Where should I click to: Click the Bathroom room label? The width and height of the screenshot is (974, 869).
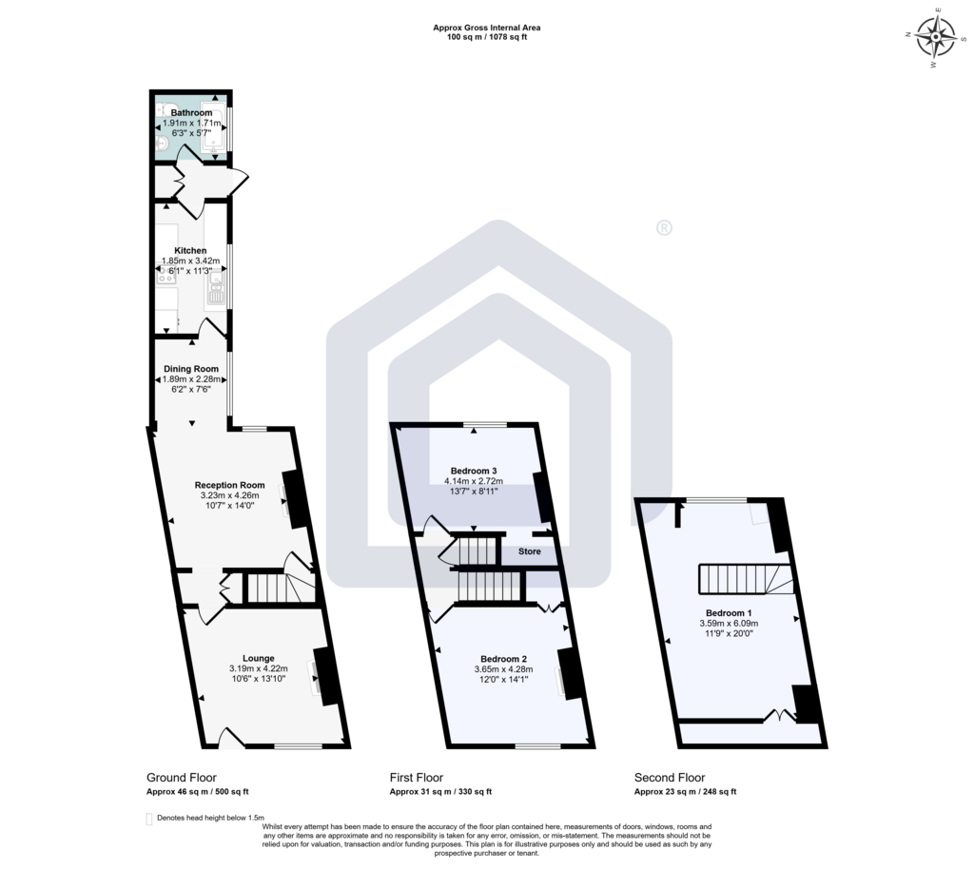tap(191, 113)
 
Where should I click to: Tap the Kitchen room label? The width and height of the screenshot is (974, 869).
tap(190, 251)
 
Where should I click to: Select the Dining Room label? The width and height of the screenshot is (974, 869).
tap(190, 369)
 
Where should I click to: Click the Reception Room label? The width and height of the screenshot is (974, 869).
tap(230, 486)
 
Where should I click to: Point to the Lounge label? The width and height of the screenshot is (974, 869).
tap(259, 659)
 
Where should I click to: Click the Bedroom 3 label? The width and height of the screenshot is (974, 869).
tap(474, 472)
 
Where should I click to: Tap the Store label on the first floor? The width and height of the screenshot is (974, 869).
tap(530, 551)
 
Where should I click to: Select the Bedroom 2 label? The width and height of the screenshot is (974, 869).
tap(504, 659)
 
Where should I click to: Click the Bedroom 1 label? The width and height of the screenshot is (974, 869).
tap(729, 613)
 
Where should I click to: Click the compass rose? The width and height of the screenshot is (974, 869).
tap(936, 37)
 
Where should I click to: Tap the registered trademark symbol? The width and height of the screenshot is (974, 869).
tap(664, 228)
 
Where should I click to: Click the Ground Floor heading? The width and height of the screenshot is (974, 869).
tap(182, 778)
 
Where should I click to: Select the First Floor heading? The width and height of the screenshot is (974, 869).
tap(417, 778)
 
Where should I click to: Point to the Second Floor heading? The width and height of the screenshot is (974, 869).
tap(670, 778)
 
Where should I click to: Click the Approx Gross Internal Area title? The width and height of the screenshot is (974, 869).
tap(487, 28)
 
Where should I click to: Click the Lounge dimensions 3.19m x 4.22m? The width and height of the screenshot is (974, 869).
tap(259, 669)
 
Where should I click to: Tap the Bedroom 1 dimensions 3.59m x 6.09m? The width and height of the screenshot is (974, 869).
tap(729, 624)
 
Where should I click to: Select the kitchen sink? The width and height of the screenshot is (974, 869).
tap(215, 292)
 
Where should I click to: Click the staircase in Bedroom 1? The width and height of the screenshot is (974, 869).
tap(747, 578)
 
